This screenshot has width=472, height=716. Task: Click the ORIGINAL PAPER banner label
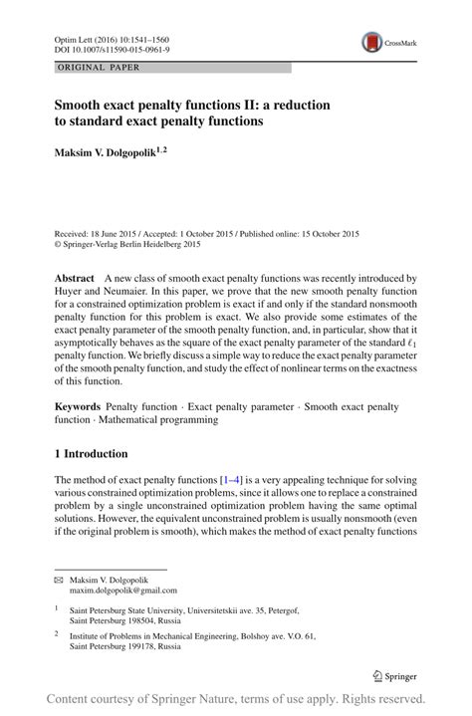point(99,68)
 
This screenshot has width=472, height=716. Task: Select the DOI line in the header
point(111,48)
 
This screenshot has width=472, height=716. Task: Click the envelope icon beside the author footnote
point(58,579)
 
